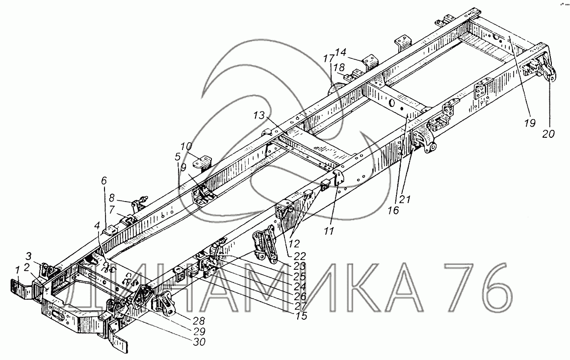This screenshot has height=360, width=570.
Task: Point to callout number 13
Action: click(259, 115)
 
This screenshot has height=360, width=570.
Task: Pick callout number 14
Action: click(341, 51)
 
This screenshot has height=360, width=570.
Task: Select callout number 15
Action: click(301, 316)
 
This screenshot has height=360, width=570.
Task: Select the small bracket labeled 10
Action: click(202, 162)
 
